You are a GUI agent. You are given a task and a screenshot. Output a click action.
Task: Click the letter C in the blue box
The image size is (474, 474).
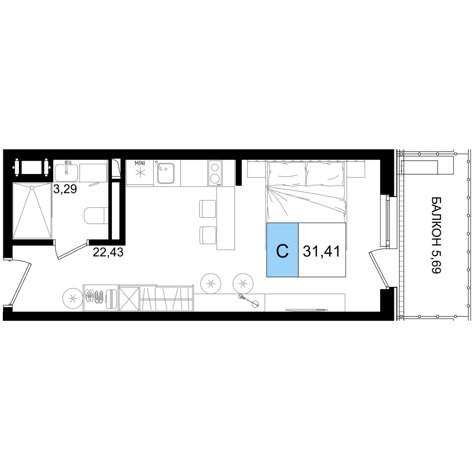(282, 251)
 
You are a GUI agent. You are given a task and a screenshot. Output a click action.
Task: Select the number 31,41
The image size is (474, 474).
(321, 251)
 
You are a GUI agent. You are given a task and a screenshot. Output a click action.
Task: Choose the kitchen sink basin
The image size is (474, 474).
(166, 173)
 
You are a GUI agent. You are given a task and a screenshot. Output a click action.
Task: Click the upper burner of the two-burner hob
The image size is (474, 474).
(215, 167)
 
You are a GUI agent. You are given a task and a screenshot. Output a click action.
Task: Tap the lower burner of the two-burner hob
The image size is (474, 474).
(215, 179)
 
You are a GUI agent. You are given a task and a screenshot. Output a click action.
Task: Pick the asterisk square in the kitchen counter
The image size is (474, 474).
(140, 173)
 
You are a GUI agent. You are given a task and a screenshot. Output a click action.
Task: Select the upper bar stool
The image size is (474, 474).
(208, 208)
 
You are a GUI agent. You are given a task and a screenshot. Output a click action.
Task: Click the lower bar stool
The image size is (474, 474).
(208, 235)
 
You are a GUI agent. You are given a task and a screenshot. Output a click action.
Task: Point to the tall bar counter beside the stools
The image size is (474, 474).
(226, 218)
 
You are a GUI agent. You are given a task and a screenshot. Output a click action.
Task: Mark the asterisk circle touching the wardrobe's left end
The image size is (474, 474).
(72, 298)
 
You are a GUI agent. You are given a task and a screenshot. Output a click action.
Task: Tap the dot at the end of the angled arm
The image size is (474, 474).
(255, 304)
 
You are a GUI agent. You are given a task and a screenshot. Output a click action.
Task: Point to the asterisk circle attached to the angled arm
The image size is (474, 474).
(243, 284)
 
